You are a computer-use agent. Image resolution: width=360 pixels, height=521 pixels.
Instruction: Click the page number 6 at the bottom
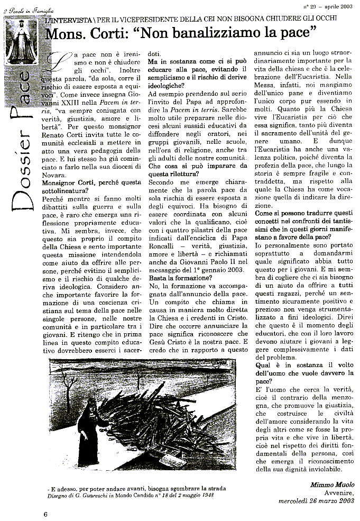(45, 514)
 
